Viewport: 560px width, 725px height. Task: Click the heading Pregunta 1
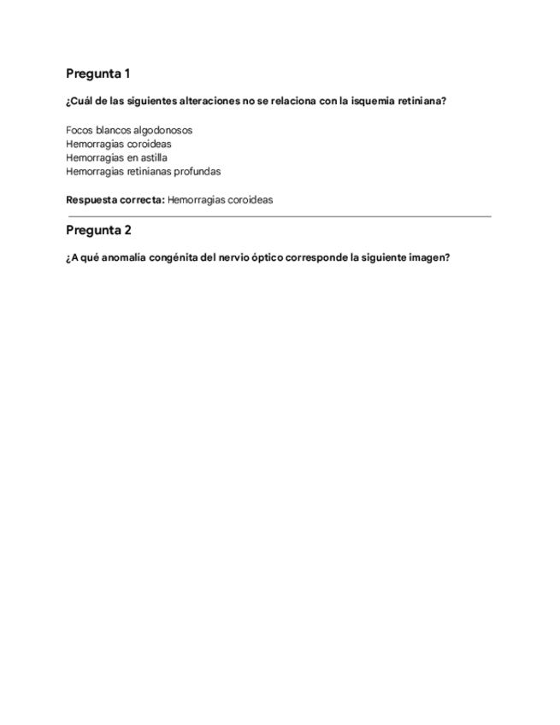[97, 74]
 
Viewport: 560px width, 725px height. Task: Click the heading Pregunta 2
[97, 230]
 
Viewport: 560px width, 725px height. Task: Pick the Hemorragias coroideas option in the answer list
[118, 144]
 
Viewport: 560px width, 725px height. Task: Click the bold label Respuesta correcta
[115, 200]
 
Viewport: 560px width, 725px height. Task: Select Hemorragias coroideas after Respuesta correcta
[221, 200]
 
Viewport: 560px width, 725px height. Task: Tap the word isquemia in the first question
[367, 101]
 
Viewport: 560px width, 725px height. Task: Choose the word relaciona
[291, 101]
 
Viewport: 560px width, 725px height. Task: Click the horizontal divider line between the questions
[279, 216]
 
